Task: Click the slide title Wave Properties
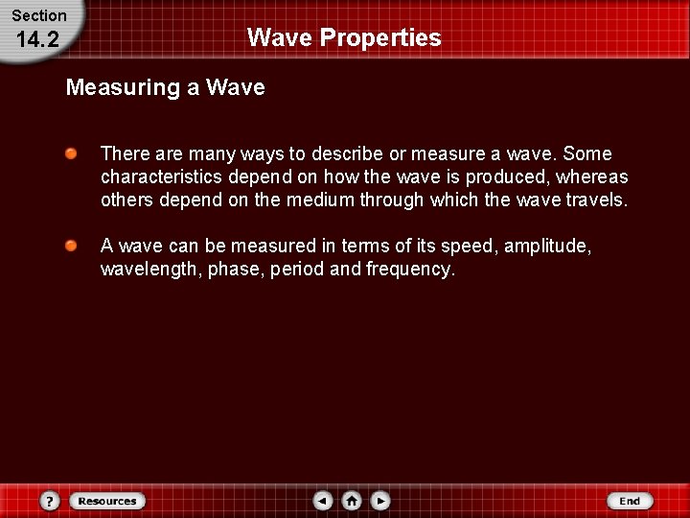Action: (x=344, y=37)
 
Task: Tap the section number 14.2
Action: (x=38, y=38)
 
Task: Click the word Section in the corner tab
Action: (x=38, y=15)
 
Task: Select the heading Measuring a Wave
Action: (x=165, y=88)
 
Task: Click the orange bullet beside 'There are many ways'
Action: (x=72, y=153)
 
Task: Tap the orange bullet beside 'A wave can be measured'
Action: (x=72, y=247)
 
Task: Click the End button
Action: (x=630, y=501)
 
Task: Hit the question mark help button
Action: (x=50, y=501)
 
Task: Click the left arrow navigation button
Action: (x=323, y=501)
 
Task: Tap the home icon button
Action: (x=352, y=501)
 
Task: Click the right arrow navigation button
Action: (x=380, y=501)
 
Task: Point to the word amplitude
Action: (x=547, y=247)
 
